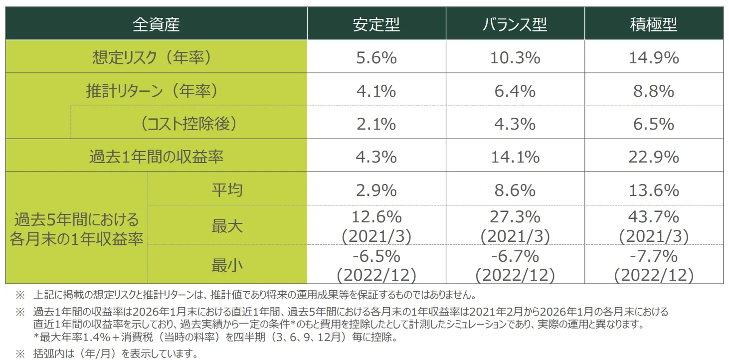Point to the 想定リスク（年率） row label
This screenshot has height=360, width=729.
pyautogui.click(x=152, y=57)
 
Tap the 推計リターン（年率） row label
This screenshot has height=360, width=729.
pyautogui.click(x=152, y=91)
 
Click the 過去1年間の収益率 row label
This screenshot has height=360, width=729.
pyautogui.click(x=156, y=157)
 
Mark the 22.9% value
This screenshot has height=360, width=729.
pyautogui.click(x=653, y=157)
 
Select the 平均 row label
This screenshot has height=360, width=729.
pyautogui.click(x=227, y=189)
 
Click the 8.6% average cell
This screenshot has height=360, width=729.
pyautogui.click(x=515, y=189)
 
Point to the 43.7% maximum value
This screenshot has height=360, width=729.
pyautogui.click(x=653, y=217)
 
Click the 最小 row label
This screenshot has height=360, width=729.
pyautogui.click(x=227, y=265)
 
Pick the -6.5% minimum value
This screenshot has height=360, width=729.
pyautogui.click(x=376, y=256)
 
